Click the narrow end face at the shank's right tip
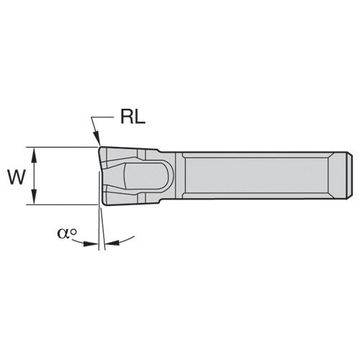click(x=351, y=176)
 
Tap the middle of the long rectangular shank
click(x=259, y=176)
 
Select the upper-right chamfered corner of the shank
click(x=345, y=155)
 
